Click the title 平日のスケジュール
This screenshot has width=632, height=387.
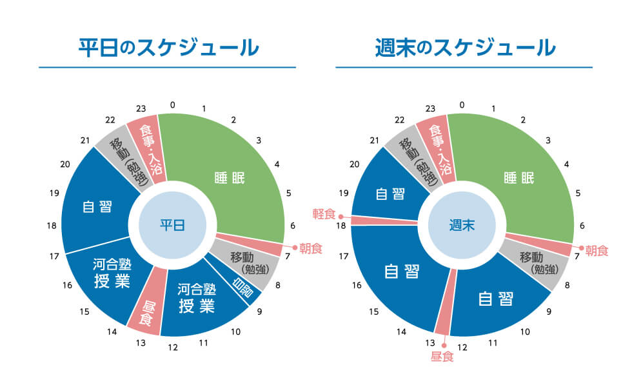coord(168,48)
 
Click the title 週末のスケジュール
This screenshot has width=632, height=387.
coord(464,48)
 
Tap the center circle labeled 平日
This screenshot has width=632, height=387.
coord(172,224)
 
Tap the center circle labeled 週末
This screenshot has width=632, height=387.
coord(462,224)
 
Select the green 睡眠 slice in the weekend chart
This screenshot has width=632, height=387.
coord(519,177)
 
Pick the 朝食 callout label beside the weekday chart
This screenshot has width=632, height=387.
coord(311,248)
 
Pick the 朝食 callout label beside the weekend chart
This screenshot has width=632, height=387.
coord(597,250)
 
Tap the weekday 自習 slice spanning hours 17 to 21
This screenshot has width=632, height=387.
coord(97,206)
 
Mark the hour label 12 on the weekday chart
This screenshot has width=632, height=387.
coord(172,348)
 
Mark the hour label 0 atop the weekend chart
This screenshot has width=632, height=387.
coord(462,104)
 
